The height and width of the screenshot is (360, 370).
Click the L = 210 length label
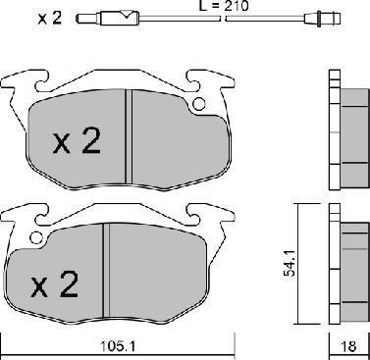[x=224, y=5]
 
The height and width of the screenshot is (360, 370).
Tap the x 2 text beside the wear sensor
[x=50, y=19]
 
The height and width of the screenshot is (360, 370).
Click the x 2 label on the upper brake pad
[x=77, y=141]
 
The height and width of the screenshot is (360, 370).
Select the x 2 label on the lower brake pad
[x=55, y=284]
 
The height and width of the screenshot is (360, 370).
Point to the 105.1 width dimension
[x=118, y=346]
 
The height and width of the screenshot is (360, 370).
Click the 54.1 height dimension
[x=290, y=263]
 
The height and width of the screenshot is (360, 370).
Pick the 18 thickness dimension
[x=348, y=346]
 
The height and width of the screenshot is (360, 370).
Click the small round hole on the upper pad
[x=199, y=104]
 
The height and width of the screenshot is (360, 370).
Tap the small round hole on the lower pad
[x=36, y=237]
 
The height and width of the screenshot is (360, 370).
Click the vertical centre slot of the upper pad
[x=129, y=136]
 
